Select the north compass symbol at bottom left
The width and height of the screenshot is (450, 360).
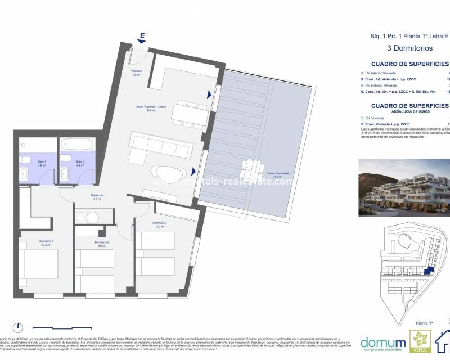[18, 327]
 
